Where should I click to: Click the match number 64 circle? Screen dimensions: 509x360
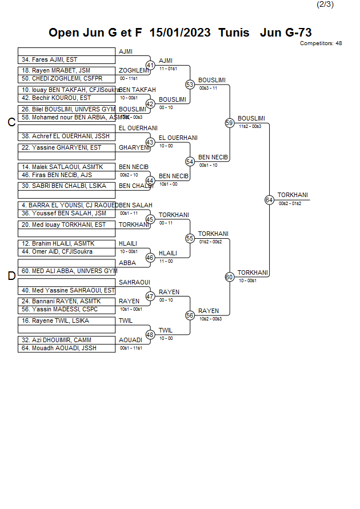click(x=269, y=200)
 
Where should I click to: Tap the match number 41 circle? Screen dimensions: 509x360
click(x=150, y=66)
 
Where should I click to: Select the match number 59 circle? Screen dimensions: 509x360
click(x=229, y=123)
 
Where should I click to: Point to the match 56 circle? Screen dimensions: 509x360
click(x=190, y=315)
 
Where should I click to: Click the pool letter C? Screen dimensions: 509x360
click(x=11, y=122)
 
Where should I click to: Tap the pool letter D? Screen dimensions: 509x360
click(x=11, y=276)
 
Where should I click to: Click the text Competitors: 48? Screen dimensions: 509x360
click(x=321, y=43)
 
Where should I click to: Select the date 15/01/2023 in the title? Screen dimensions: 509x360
click(x=180, y=33)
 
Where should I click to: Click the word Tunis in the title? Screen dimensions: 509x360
click(x=234, y=33)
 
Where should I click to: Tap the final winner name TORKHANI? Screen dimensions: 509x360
click(x=293, y=195)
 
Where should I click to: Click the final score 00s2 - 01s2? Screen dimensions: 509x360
click(x=290, y=203)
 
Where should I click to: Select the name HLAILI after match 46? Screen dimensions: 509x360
click(x=168, y=253)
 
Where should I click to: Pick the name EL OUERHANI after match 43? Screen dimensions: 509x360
click(x=178, y=138)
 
